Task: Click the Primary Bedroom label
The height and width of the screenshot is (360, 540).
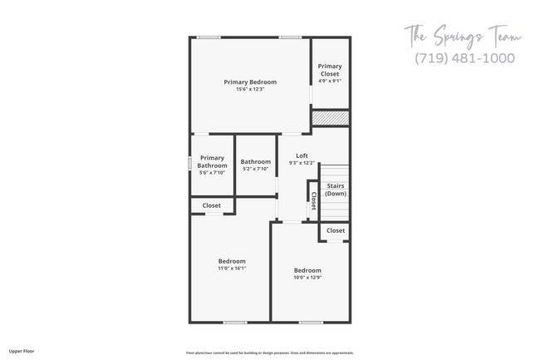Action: click(250, 81)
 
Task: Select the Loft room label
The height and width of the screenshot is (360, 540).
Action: click(302, 155)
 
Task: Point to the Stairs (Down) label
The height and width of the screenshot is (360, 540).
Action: click(336, 190)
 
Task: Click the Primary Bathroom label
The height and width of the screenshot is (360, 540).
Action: click(212, 161)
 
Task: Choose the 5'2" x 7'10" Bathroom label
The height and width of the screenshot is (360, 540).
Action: click(255, 161)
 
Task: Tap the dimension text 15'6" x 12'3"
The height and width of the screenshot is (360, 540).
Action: click(250, 89)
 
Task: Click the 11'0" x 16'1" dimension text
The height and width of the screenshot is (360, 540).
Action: click(232, 269)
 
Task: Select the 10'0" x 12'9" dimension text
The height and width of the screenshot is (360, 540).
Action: click(307, 277)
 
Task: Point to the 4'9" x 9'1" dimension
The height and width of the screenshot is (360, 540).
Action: click(330, 81)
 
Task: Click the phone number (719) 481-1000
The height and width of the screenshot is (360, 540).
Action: click(464, 58)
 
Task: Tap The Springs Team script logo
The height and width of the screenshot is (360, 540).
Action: click(463, 36)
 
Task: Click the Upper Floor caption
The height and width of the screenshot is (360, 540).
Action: click(21, 351)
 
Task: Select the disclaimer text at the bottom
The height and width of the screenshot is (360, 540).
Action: click(269, 352)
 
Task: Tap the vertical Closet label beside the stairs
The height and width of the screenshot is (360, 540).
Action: click(313, 200)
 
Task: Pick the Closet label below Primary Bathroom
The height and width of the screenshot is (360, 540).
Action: click(212, 205)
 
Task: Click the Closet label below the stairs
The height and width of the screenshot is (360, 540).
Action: click(336, 230)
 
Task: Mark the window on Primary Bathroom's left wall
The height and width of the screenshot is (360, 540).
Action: click(190, 164)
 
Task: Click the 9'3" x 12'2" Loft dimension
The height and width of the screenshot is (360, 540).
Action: click(302, 163)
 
